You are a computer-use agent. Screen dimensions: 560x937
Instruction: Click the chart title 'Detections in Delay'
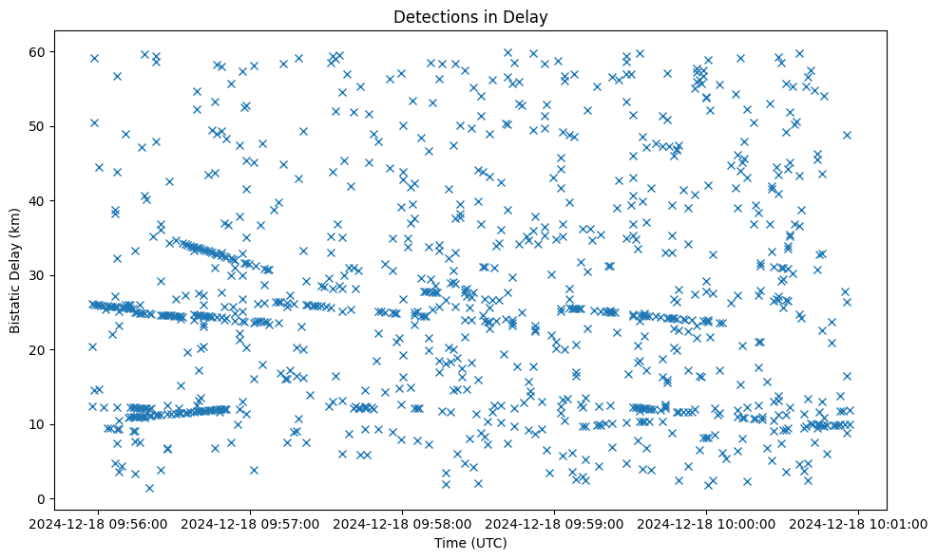click(x=470, y=17)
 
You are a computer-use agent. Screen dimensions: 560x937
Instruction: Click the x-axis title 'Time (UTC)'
click(x=470, y=543)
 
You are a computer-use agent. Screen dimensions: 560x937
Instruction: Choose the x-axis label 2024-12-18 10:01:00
click(x=860, y=523)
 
